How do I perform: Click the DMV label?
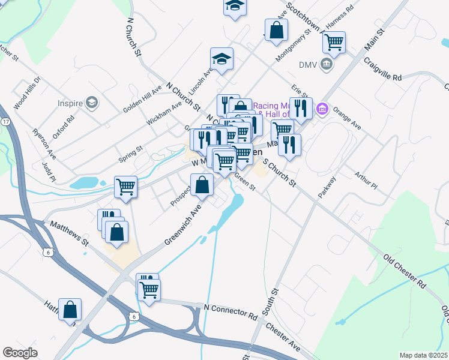pyautogui.click(x=307, y=64)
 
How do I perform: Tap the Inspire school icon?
pyautogui.click(x=92, y=103)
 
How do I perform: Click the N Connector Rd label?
pyautogui.click(x=231, y=310)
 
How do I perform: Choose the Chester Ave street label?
pyautogui.click(x=282, y=339)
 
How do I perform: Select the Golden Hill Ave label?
pyautogui.click(x=142, y=98)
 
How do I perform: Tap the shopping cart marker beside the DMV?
pyautogui.click(x=334, y=43)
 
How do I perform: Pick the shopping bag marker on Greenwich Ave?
pyautogui.click(x=202, y=185)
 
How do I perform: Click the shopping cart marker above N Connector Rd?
pyautogui.click(x=149, y=289)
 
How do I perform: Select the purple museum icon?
pyautogui.click(x=322, y=109)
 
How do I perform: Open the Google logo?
pyautogui.click(x=20, y=352)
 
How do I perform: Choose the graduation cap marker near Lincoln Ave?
pyautogui.click(x=221, y=59)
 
